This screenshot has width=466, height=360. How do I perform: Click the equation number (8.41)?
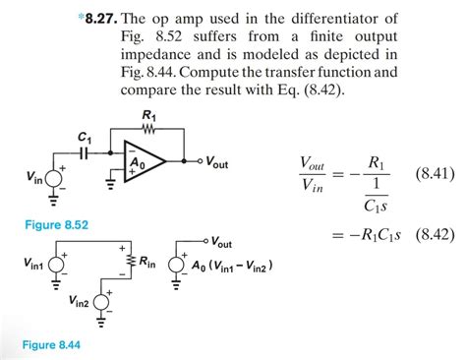(434, 173)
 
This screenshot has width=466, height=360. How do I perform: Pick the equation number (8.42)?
(434, 234)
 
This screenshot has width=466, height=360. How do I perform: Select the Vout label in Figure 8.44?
(221, 241)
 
